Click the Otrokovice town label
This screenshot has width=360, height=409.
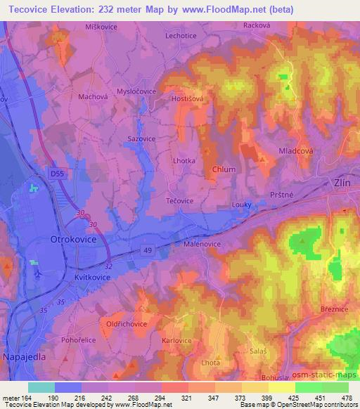[x=70, y=240]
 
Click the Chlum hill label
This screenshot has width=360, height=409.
[x=224, y=170]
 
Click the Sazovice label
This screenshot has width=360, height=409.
[x=141, y=139]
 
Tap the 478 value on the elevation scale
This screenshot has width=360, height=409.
[x=348, y=397]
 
